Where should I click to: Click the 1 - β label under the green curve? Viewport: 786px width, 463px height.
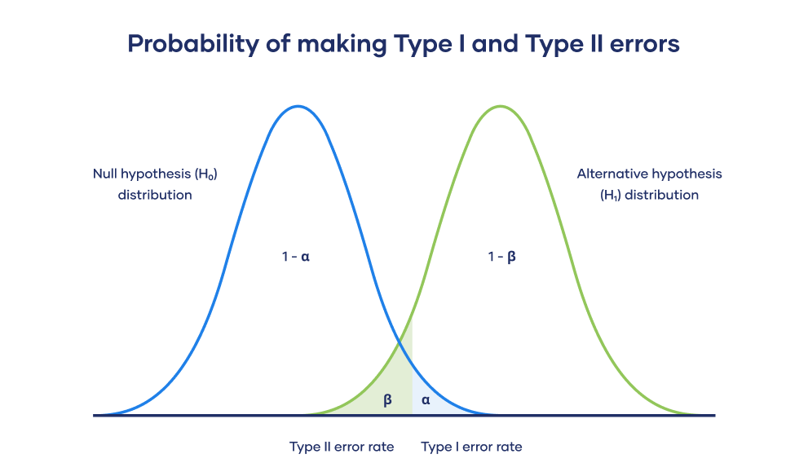coord(502,256)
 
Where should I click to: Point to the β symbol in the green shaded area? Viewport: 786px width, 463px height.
coord(387,399)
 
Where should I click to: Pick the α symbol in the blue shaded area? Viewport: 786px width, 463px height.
coord(426,399)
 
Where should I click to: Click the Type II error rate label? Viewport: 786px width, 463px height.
coord(342,447)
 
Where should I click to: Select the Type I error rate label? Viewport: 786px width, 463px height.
coord(471,447)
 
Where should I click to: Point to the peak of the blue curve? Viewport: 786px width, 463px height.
coord(298,106)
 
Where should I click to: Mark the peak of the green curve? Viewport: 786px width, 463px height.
coord(501,106)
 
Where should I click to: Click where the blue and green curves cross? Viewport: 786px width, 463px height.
coord(400,344)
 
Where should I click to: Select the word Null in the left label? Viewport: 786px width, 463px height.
coord(105,174)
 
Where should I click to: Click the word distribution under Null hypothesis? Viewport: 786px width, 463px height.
coord(155,196)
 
